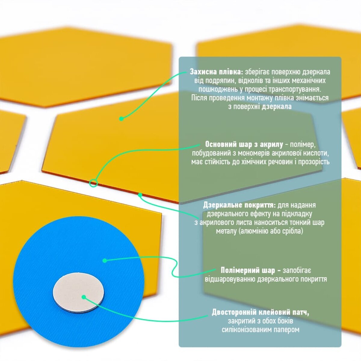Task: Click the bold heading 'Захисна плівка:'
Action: coord(216,72)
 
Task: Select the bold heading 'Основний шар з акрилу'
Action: coord(244,144)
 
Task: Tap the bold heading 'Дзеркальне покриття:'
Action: coord(239,205)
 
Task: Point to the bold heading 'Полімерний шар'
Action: coord(248,270)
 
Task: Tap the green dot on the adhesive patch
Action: coord(84,297)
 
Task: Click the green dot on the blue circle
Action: coord(105,261)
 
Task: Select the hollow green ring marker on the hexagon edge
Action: coord(93,183)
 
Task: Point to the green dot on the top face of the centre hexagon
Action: coord(121,119)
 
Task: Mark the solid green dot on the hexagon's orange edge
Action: coord(140,195)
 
